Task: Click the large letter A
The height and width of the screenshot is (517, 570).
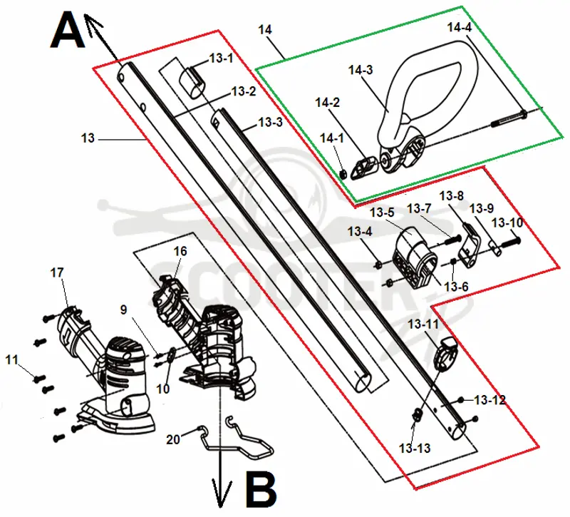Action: (68, 29)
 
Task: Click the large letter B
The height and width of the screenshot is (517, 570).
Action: (261, 489)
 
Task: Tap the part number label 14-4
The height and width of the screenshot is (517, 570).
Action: (459, 27)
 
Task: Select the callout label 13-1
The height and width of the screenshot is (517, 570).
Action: (221, 58)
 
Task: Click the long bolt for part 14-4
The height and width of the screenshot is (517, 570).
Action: (509, 118)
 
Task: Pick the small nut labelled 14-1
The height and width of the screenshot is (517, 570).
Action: (342, 174)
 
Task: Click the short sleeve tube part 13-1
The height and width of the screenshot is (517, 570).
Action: (192, 82)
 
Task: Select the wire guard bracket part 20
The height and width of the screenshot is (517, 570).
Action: (237, 442)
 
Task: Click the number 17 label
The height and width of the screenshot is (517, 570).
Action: (57, 272)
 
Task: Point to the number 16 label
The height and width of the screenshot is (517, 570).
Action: (180, 251)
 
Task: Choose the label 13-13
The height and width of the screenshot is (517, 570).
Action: (415, 449)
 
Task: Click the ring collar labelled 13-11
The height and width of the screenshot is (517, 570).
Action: (447, 353)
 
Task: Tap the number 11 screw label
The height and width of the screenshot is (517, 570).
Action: (11, 360)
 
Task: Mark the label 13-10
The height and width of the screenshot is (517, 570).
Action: (507, 222)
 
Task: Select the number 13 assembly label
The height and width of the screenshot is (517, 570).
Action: (88, 138)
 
